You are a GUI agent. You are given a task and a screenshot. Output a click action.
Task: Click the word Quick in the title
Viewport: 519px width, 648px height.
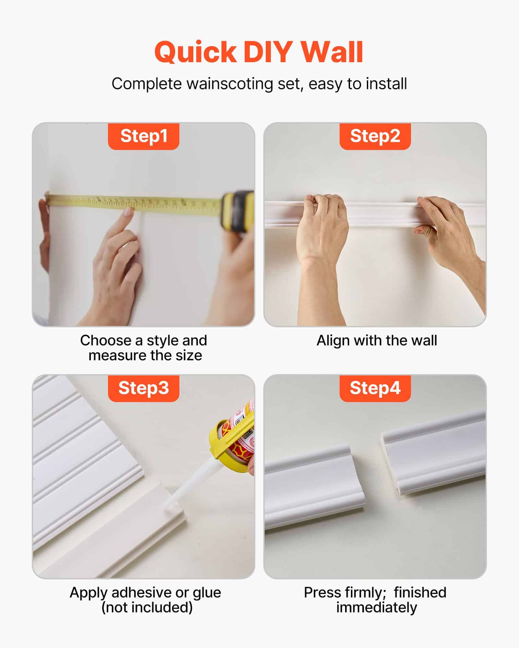point(196,52)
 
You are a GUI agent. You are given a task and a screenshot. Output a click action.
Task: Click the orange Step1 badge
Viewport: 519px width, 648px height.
point(143,136)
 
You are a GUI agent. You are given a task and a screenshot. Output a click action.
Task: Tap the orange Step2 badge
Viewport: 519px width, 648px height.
point(375,136)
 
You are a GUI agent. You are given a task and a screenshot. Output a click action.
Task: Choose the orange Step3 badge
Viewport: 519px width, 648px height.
point(143,388)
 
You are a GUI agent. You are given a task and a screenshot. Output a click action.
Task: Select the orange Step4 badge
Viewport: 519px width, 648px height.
point(375,388)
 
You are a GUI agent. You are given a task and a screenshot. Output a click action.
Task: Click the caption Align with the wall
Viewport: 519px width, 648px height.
point(376,341)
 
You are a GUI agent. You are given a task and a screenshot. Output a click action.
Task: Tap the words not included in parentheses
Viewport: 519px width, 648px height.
point(147,608)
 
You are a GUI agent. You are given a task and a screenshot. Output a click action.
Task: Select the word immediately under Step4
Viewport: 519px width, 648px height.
point(376,608)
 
